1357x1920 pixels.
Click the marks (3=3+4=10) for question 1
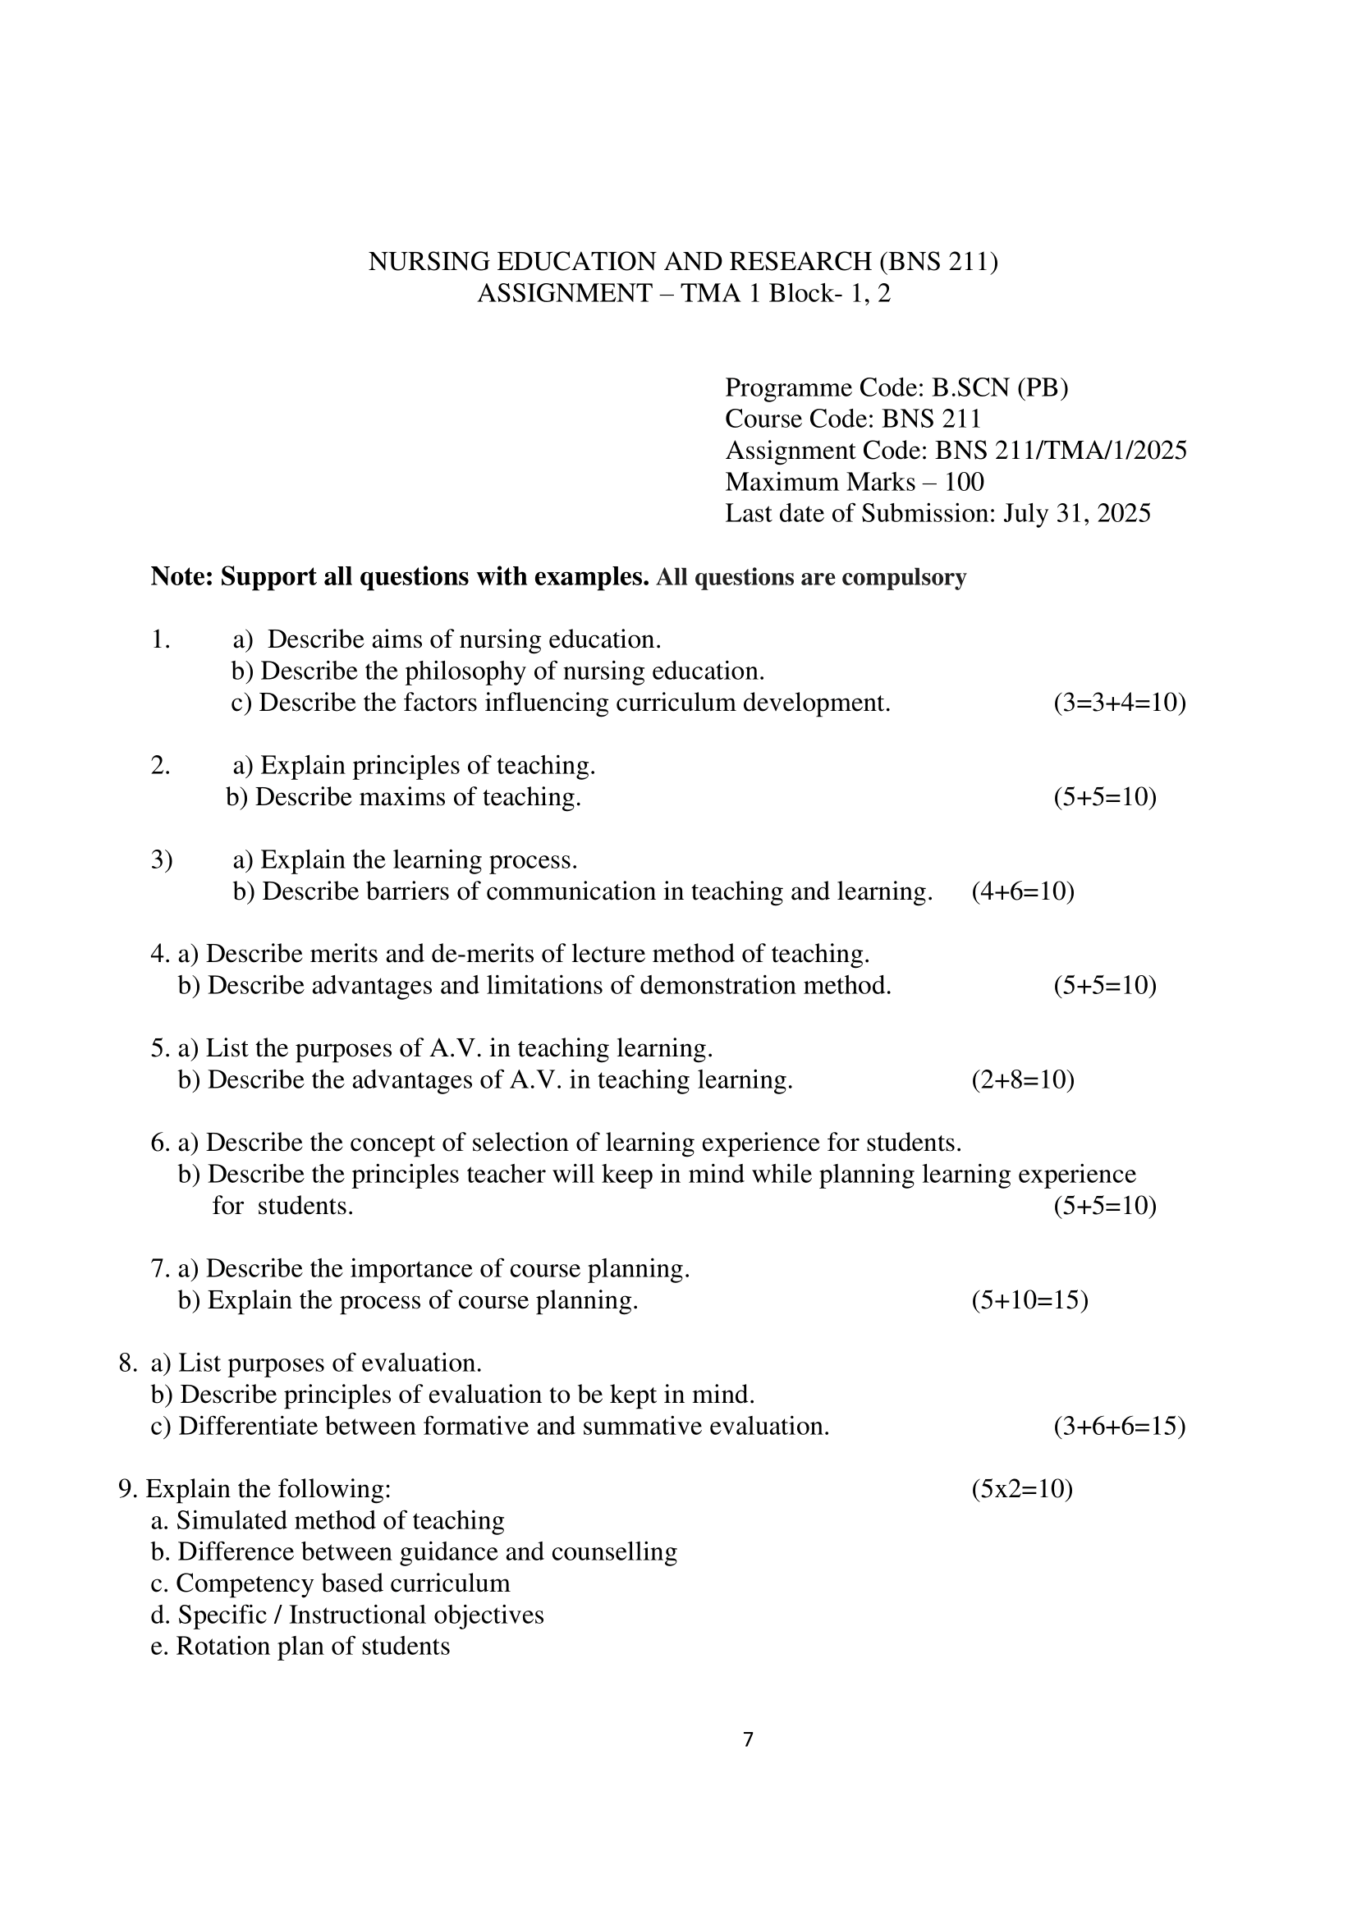(1119, 703)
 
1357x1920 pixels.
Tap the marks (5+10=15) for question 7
(1029, 1300)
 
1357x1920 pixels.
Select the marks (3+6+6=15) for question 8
(1119, 1426)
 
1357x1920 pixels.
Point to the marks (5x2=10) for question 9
(1022, 1488)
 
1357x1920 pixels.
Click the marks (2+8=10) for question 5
(1023, 1080)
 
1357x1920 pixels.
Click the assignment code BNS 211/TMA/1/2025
(1060, 451)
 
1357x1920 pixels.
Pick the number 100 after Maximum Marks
(964, 483)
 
